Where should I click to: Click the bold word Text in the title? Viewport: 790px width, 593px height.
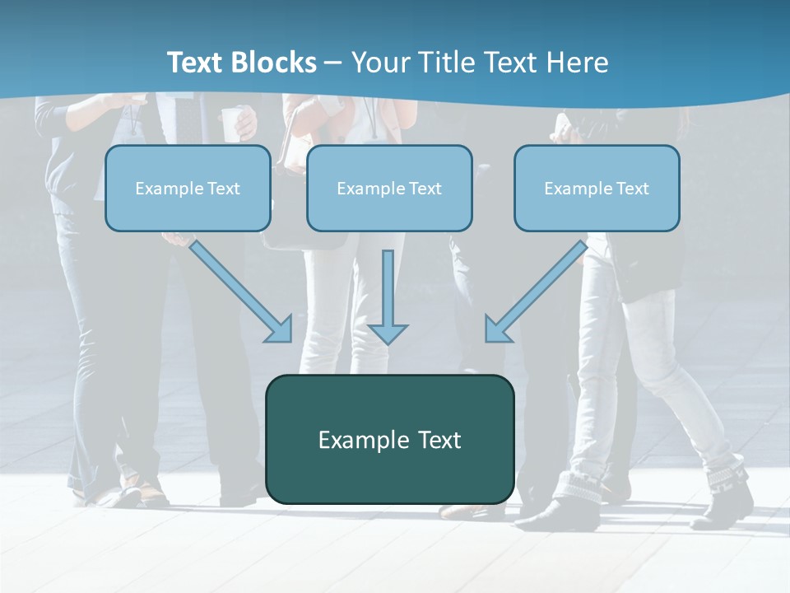pos(197,63)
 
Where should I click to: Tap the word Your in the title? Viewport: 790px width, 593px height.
pos(379,63)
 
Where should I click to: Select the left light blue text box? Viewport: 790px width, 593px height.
pos(188,188)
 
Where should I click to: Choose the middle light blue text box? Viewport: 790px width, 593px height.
pos(389,188)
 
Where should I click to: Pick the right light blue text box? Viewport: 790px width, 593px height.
pos(597,188)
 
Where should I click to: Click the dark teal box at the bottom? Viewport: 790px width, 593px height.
pos(389,439)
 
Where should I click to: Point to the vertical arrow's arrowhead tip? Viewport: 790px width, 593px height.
pos(388,342)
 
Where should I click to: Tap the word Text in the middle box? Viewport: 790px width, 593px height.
pos(425,189)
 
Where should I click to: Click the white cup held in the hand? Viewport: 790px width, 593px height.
pos(233,124)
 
